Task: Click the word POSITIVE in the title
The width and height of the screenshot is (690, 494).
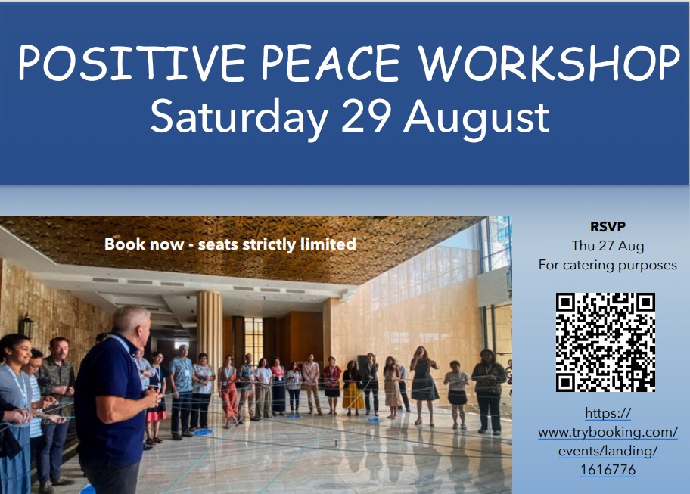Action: [131, 63]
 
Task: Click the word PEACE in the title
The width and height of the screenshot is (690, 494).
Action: [331, 63]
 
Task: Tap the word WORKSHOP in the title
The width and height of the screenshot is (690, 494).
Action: [549, 63]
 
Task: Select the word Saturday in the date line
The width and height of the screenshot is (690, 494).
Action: [239, 117]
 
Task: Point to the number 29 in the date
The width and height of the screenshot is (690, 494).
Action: [366, 115]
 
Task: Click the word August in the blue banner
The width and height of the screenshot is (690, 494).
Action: [477, 118]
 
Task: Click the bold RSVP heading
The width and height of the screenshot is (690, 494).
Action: [608, 226]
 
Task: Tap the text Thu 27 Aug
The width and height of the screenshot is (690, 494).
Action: [608, 245]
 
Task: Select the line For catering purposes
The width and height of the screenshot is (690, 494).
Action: [608, 265]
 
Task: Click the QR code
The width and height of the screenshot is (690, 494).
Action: [605, 342]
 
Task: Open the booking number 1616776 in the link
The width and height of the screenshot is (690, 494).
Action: [608, 470]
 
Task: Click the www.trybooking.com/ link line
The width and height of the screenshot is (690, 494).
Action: [608, 433]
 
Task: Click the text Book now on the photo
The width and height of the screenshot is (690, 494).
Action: [144, 244]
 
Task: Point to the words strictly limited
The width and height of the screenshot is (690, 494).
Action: [299, 244]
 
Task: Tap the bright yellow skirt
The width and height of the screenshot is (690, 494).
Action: [353, 395]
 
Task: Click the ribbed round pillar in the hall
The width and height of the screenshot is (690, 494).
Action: [210, 330]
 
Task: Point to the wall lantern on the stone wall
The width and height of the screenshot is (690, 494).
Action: [26, 326]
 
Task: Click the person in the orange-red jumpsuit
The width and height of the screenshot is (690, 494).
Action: [228, 392]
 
